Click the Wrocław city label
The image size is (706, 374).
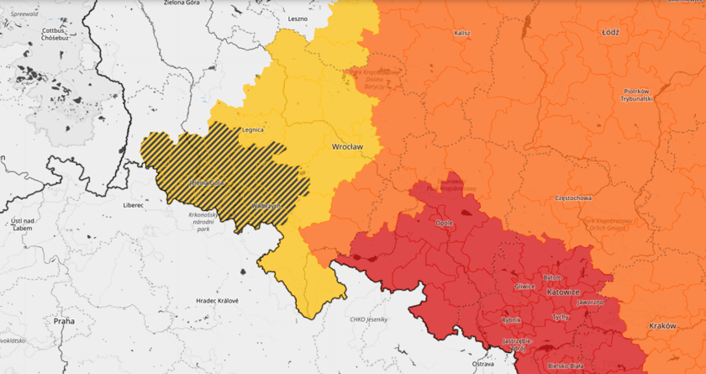(347, 146)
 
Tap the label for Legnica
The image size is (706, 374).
(253, 130)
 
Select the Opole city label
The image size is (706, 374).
(444, 223)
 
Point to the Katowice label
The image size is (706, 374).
(562, 292)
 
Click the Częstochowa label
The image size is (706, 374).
(574, 198)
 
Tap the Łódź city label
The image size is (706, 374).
(610, 33)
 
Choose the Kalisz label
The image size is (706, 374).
(461, 33)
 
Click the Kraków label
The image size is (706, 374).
(662, 325)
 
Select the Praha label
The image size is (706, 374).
(64, 321)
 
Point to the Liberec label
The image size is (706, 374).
(133, 204)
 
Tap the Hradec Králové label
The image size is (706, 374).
(217, 301)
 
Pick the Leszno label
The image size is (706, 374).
(298, 18)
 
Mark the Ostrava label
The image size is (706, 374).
(482, 364)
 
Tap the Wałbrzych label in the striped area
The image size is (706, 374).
(265, 206)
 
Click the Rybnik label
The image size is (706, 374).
(511, 320)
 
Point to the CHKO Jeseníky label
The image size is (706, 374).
(371, 319)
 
